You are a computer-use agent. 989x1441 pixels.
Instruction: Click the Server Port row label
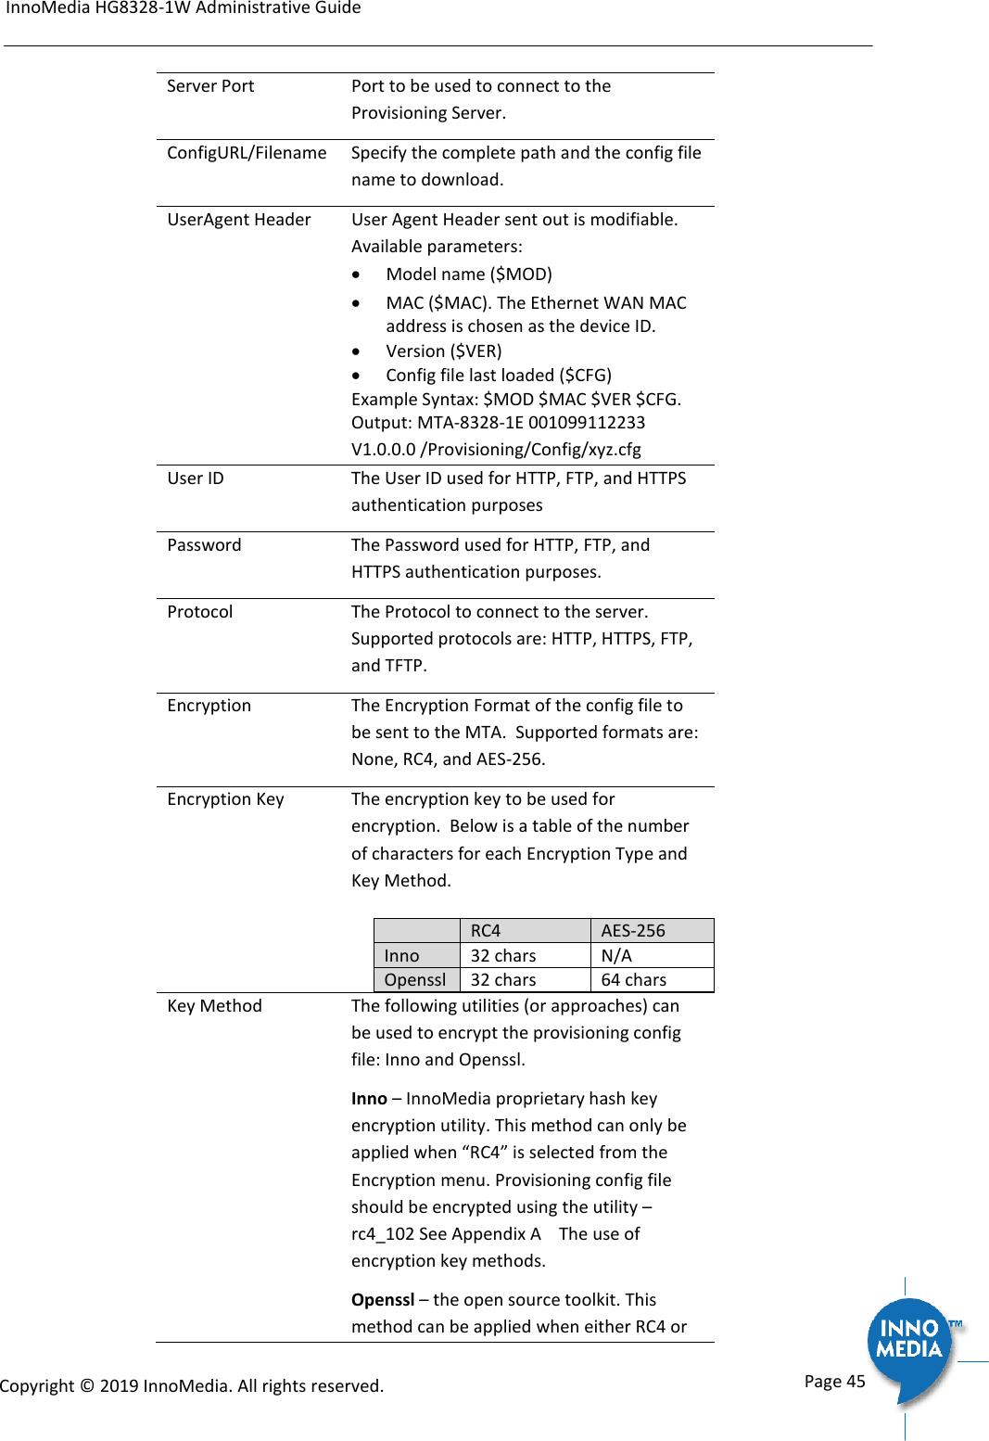(210, 86)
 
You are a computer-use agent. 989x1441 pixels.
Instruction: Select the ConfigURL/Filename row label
(247, 153)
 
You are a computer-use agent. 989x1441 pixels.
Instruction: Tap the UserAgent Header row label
(239, 220)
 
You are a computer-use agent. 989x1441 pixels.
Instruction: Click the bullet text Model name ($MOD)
(469, 274)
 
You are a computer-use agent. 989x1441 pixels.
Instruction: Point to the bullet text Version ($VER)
(444, 351)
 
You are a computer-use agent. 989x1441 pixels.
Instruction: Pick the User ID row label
(196, 478)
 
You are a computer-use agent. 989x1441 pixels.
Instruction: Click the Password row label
(204, 545)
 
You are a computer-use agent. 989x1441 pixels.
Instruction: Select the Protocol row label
(200, 612)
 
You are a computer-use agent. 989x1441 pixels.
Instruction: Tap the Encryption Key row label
(225, 799)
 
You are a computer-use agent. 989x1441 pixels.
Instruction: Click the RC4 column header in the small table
(486, 931)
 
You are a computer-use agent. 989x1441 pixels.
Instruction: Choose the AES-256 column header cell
(633, 931)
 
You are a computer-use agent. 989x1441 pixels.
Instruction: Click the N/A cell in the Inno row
(616, 956)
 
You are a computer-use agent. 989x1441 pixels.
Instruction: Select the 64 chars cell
(634, 980)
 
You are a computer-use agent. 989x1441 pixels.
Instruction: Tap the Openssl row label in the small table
(415, 980)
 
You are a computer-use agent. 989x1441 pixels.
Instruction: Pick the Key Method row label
(214, 1006)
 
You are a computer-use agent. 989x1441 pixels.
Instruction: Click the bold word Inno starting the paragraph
(369, 1099)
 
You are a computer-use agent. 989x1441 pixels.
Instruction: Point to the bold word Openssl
(383, 1300)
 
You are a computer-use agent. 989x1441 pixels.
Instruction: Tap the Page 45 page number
(834, 1382)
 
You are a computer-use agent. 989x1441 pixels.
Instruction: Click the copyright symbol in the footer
(87, 1386)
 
